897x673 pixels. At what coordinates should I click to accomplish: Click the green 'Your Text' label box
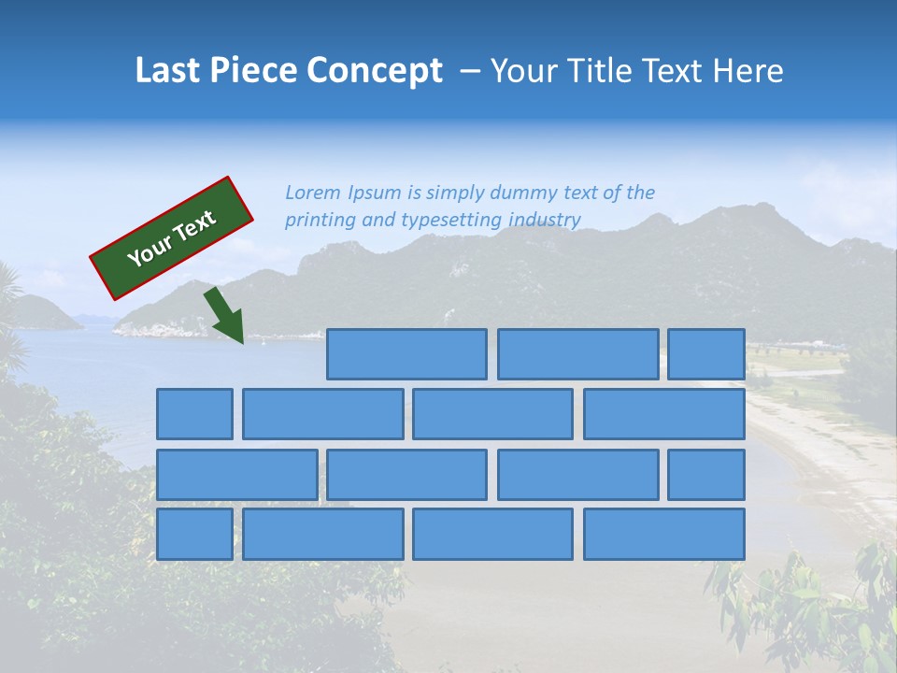coord(172,238)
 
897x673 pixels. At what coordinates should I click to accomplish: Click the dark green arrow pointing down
coord(225,317)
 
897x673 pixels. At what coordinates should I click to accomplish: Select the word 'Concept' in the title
coord(377,71)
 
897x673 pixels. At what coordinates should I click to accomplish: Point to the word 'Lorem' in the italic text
coord(313,193)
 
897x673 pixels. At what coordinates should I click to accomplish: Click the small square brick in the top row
coord(705,354)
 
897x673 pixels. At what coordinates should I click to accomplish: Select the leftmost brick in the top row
coord(406,354)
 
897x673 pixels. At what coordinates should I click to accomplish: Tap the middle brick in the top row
coord(577,354)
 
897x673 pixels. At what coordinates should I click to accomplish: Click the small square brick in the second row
coord(194,414)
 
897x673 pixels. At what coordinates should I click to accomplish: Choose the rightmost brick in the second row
coord(663,414)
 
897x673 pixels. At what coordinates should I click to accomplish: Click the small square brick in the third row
coord(705,475)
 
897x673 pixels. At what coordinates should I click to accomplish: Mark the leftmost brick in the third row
coord(236,475)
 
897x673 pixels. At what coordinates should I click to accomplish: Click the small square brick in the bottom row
coord(194,535)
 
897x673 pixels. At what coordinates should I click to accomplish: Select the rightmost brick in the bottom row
coord(663,535)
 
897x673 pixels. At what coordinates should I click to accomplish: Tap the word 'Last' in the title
coord(168,71)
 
